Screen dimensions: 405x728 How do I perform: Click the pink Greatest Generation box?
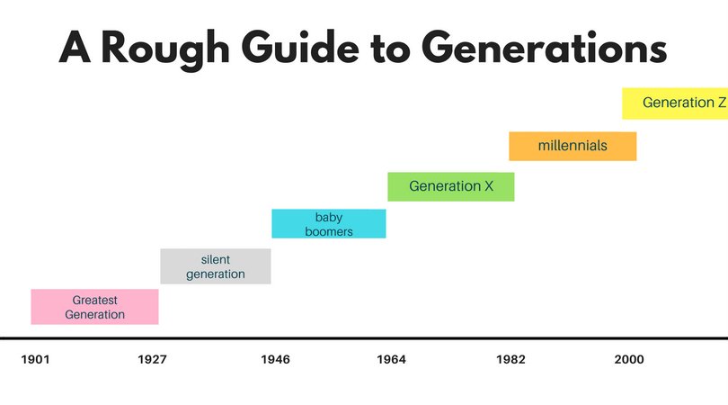(94, 307)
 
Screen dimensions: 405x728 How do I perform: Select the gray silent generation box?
(216, 266)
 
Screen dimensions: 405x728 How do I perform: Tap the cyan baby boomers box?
(329, 223)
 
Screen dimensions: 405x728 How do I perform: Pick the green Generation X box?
(451, 186)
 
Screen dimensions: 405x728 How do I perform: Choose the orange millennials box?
(573, 146)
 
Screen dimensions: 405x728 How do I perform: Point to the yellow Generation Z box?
(674, 103)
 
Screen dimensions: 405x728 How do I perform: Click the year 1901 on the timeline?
(35, 360)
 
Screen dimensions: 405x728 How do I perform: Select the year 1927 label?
(152, 360)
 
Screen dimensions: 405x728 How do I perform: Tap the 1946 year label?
(275, 360)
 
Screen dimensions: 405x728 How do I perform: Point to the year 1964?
(391, 360)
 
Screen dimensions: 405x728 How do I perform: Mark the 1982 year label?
(510, 360)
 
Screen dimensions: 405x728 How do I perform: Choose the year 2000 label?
(628, 360)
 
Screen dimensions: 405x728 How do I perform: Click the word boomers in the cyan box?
(329, 231)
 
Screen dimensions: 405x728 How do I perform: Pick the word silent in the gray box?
(216, 259)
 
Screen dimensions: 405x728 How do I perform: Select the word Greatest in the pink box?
(94, 300)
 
